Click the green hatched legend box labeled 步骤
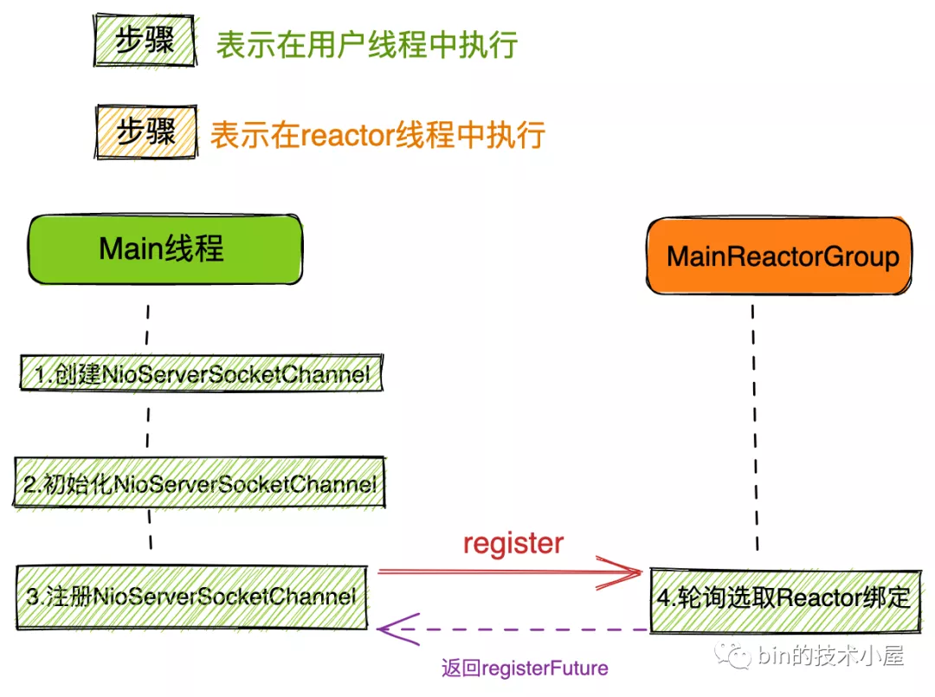(144, 41)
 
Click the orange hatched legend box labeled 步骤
(144, 132)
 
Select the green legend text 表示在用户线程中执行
(366, 44)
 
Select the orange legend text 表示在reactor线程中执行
(377, 134)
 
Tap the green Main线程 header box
(164, 248)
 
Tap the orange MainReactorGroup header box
(780, 256)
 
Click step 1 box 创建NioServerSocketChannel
(202, 375)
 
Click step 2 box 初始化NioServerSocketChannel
(199, 483)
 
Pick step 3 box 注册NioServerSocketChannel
(190, 597)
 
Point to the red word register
(513, 543)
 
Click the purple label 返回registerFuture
(525, 668)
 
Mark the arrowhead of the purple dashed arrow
(386, 629)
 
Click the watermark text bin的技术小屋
(830, 655)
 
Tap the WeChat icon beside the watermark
(739, 655)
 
